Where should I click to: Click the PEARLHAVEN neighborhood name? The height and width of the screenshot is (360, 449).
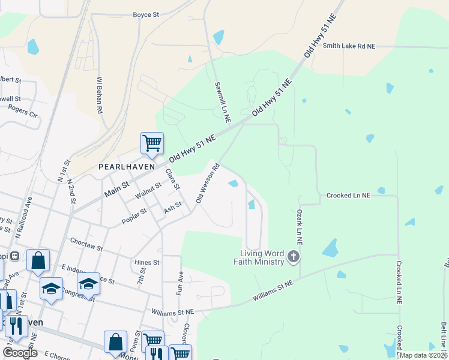click(x=127, y=166)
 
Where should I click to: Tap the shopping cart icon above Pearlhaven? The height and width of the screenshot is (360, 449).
click(x=152, y=143)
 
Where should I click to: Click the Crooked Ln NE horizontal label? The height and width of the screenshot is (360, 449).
click(x=348, y=195)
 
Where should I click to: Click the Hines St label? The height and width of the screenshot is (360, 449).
click(x=147, y=262)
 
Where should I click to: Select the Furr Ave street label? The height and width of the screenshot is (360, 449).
click(x=179, y=284)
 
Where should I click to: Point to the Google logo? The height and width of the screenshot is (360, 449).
click(x=20, y=353)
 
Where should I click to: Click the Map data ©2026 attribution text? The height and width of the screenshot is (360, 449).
click(x=423, y=355)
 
